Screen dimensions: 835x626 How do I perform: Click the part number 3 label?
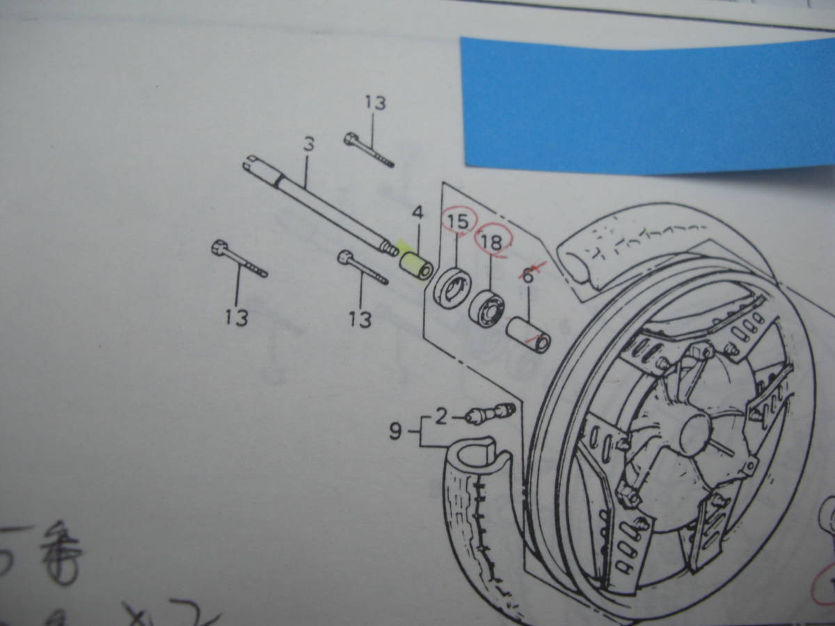309,145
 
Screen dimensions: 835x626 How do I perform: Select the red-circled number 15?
458,223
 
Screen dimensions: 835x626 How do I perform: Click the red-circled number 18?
492,241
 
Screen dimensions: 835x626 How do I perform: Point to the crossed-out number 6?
527,275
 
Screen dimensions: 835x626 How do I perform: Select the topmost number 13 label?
374,104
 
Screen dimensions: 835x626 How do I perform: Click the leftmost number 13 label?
237,318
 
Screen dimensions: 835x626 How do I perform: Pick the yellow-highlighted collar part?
416,268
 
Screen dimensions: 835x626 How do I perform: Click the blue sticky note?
647,104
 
